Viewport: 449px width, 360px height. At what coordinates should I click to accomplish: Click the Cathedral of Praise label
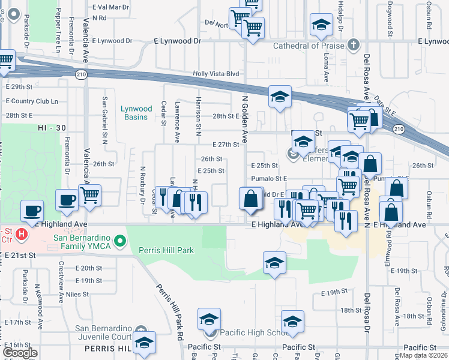(309, 46)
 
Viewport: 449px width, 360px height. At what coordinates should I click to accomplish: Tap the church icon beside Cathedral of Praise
(354, 45)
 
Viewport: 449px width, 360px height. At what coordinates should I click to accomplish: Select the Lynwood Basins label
(135, 113)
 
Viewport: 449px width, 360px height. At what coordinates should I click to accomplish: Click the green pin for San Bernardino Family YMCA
(119, 241)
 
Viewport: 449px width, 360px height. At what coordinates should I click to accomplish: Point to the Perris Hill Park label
(166, 250)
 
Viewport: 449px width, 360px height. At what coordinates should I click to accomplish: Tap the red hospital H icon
(22, 233)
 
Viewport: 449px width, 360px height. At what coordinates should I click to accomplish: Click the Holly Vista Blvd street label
(215, 74)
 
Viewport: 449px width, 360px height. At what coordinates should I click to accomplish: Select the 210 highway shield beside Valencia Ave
(80, 74)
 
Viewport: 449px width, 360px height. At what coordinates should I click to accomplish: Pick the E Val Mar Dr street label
(111, 7)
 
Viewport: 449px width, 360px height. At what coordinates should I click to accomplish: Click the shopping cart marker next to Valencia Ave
(89, 195)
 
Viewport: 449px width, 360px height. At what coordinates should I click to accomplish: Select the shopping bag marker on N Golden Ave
(250, 199)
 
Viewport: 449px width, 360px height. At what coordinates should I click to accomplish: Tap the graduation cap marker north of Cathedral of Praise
(321, 25)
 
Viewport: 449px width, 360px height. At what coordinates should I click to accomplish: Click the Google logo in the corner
(20, 353)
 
